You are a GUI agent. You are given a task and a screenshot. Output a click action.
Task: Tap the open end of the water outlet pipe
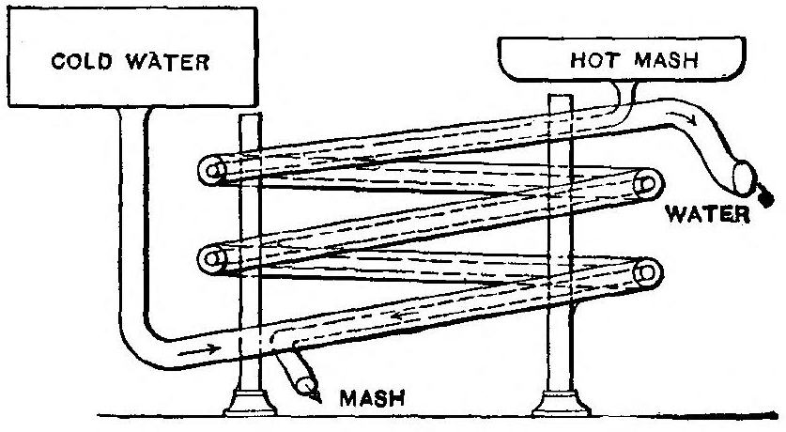pos(741,176)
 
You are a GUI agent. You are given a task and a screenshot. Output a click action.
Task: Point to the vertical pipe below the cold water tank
pos(134,216)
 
